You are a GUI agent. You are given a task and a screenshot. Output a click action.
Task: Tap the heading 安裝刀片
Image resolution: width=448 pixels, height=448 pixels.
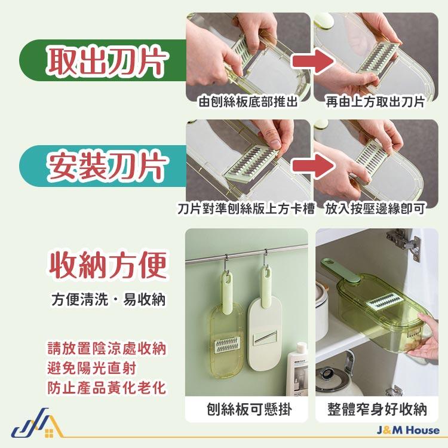[x=106, y=166]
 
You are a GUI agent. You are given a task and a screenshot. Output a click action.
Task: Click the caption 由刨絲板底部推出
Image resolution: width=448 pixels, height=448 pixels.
[x=248, y=102]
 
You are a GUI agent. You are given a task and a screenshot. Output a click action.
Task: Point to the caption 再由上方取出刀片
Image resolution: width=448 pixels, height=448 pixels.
[x=375, y=102]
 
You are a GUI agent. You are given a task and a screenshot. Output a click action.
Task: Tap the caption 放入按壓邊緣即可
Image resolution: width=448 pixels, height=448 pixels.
[x=375, y=209]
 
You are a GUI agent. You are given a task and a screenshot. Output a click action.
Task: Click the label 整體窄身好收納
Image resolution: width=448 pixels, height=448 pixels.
[x=377, y=410]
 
